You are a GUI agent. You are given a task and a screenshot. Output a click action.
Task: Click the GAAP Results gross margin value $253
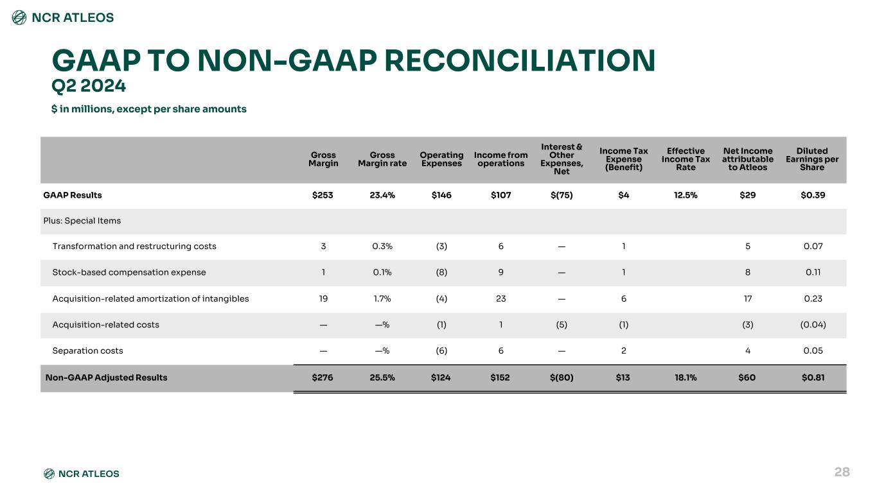coord(323,195)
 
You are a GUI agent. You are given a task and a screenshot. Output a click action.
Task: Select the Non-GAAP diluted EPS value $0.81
coord(813,377)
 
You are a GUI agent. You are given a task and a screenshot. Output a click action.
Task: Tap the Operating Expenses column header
coord(441,159)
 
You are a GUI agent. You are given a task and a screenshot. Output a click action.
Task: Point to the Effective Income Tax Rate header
coord(686,159)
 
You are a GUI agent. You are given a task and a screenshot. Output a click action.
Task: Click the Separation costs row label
coord(87,350)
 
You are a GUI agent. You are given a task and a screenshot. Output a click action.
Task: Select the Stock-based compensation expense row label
coord(129,272)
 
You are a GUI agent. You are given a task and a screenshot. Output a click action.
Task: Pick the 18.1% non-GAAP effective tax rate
coord(686,377)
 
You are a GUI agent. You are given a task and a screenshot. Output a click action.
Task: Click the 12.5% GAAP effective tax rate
coord(686,195)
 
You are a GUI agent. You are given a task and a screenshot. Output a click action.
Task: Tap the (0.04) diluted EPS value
coord(813,325)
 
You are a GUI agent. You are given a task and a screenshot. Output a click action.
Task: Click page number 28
coord(842,472)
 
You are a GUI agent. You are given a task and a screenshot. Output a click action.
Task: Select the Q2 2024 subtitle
coord(89,86)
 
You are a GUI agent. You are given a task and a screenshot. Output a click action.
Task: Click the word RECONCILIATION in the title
coord(520,60)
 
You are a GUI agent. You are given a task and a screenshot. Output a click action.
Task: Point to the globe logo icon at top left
coord(19,17)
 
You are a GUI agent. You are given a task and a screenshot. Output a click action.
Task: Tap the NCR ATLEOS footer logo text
coord(89,474)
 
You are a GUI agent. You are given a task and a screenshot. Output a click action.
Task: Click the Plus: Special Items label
coord(82,221)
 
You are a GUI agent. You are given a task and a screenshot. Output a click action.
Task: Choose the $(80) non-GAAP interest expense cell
coord(562,377)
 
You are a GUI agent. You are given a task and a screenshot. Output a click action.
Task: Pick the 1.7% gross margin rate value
coord(382,299)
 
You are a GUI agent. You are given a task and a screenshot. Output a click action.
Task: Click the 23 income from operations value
coord(501,299)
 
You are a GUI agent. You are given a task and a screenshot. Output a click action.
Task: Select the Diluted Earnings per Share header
coord(812,159)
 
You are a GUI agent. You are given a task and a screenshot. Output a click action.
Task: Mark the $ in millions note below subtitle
coord(149,109)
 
